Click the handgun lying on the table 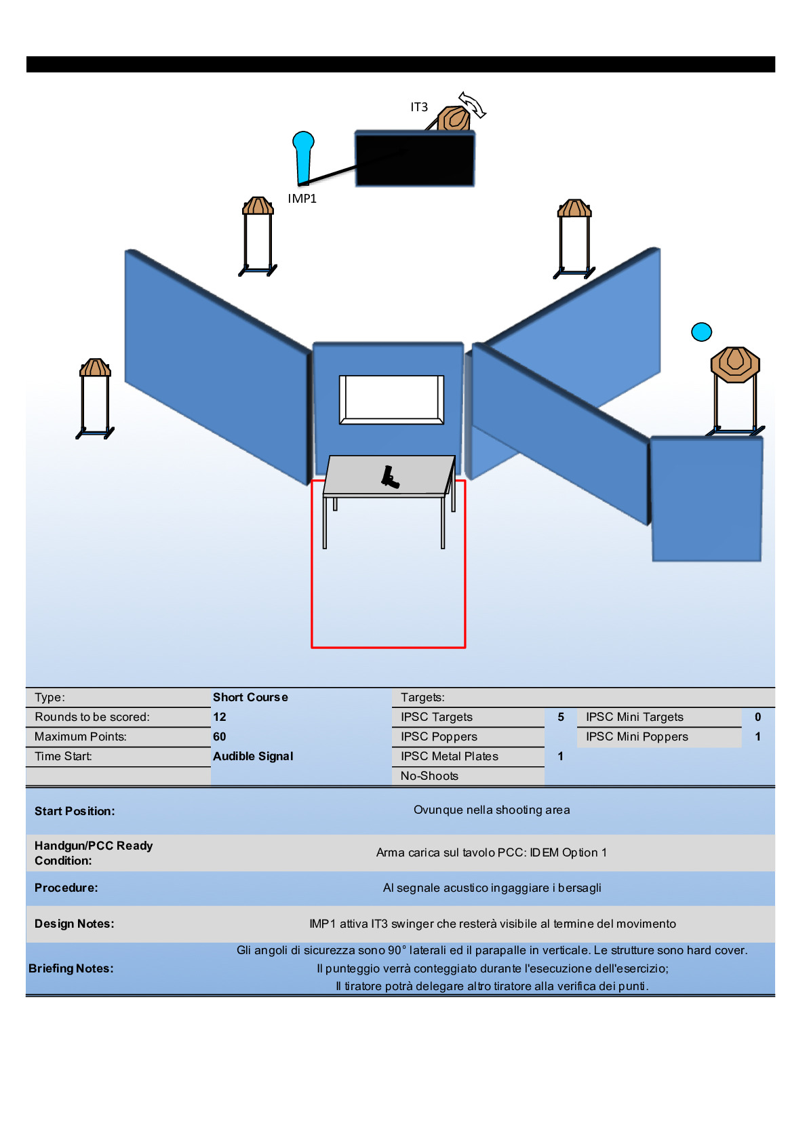[389, 477]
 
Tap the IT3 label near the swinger [419, 107]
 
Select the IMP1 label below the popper [302, 199]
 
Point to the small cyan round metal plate [701, 332]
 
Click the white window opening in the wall [391, 399]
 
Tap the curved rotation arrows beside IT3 [473, 105]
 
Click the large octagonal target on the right [734, 364]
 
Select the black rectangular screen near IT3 [414, 159]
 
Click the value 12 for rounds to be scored [220, 717]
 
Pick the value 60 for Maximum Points [220, 736]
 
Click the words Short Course [250, 697]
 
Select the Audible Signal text [253, 756]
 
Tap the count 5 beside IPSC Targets [561, 717]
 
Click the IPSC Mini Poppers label [637, 736]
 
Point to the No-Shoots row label [429, 776]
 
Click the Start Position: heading [75, 811]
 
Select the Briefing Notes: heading [71, 968]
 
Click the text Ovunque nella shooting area [492, 810]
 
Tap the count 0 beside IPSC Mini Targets [757, 717]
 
